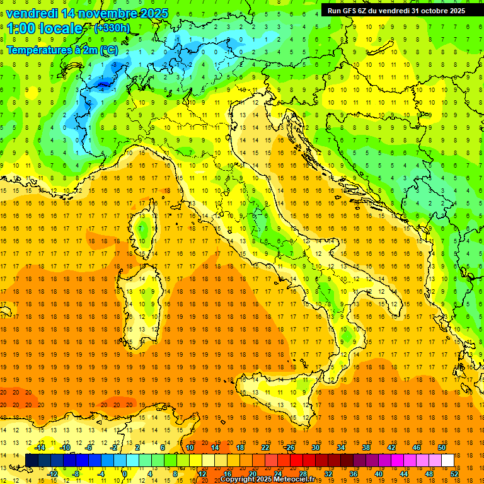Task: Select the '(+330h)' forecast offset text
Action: click(112, 28)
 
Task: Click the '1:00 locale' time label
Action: click(44, 28)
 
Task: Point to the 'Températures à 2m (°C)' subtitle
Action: click(62, 49)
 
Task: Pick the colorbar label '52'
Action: click(454, 473)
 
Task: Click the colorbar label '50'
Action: click(441, 447)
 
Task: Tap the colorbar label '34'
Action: click(341, 447)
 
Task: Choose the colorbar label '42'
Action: click(391, 447)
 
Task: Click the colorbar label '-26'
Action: click(290, 447)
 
